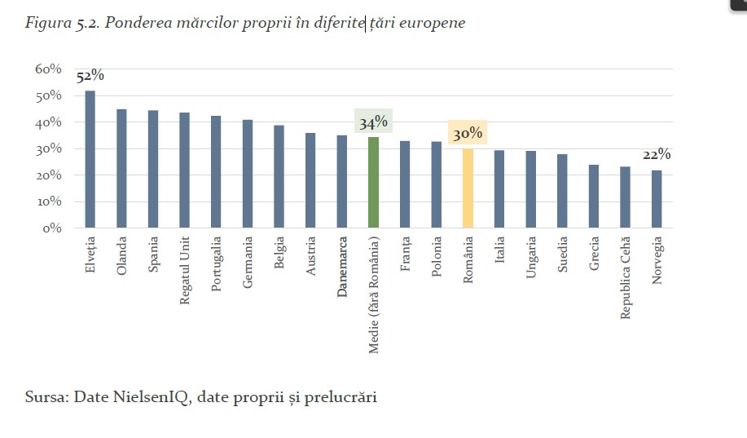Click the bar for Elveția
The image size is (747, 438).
pos(90,159)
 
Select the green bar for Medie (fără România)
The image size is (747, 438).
pos(373,182)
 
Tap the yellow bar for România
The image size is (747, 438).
pos(468,188)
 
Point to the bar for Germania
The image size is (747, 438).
pos(248,173)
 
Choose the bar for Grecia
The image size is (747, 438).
pos(594,196)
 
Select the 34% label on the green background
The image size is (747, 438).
pos(373,122)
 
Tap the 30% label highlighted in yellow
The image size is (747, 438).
pos(468,133)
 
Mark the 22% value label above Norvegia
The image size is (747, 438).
pos(657,154)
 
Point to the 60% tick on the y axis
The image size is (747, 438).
pos(49,69)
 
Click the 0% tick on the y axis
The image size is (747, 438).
pos(52,228)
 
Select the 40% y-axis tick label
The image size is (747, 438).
pos(49,122)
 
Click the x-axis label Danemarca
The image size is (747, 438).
pos(342,267)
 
